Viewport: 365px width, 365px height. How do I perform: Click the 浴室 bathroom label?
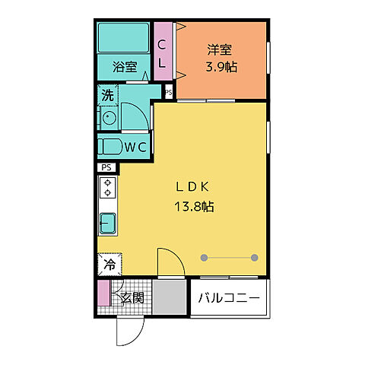coord(125,67)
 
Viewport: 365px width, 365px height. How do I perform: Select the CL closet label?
coord(162,52)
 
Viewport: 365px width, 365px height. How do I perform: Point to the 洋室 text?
coord(221,50)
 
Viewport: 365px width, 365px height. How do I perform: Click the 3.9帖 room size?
coord(221,67)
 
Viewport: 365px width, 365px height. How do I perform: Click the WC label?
coord(135,147)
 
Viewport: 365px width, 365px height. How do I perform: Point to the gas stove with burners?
coord(108,188)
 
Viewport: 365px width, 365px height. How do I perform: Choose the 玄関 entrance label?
coord(132,298)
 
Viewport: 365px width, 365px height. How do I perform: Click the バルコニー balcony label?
coord(229,297)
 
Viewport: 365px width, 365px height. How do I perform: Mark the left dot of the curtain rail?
coord(204,257)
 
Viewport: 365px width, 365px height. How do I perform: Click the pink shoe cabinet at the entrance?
coord(103,293)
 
